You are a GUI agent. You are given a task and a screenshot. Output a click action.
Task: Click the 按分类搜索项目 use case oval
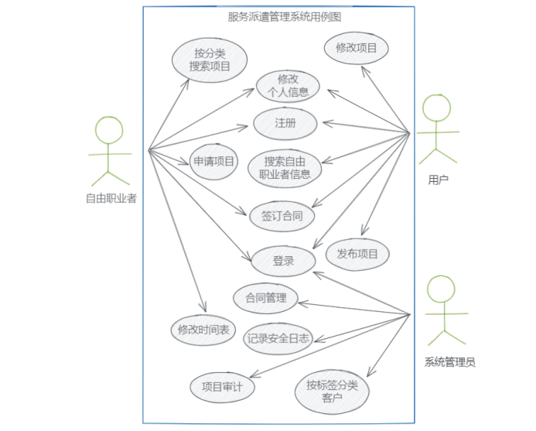(210, 60)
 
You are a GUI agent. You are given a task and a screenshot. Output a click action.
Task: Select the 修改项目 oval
(357, 48)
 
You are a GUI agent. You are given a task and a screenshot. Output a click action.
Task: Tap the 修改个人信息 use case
(288, 86)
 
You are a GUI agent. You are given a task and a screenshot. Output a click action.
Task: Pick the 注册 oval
(285, 123)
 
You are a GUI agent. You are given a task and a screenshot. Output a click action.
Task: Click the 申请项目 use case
(214, 161)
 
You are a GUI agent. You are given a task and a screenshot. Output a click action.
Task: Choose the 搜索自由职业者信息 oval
(285, 167)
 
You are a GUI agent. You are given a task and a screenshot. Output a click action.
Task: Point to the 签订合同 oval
(282, 216)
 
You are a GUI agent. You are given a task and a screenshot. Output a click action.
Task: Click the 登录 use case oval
(283, 261)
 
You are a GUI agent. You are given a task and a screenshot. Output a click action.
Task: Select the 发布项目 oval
(357, 253)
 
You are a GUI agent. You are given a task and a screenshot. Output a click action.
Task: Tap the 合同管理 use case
(266, 298)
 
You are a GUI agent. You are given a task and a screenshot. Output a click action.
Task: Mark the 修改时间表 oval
(203, 330)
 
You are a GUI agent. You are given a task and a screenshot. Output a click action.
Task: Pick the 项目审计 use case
(222, 386)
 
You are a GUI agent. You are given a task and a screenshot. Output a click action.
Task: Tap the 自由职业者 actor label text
(111, 198)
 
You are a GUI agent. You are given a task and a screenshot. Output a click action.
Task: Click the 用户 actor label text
(438, 180)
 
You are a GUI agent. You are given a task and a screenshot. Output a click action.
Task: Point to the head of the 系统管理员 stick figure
(442, 290)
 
